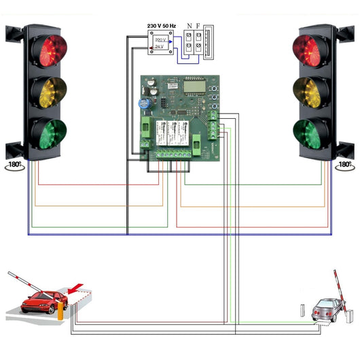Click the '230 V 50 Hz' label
pos(162,25)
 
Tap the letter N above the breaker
pos(188,25)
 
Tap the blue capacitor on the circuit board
pos(145,104)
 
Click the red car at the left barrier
pos(39,301)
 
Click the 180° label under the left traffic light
pos(14,165)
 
